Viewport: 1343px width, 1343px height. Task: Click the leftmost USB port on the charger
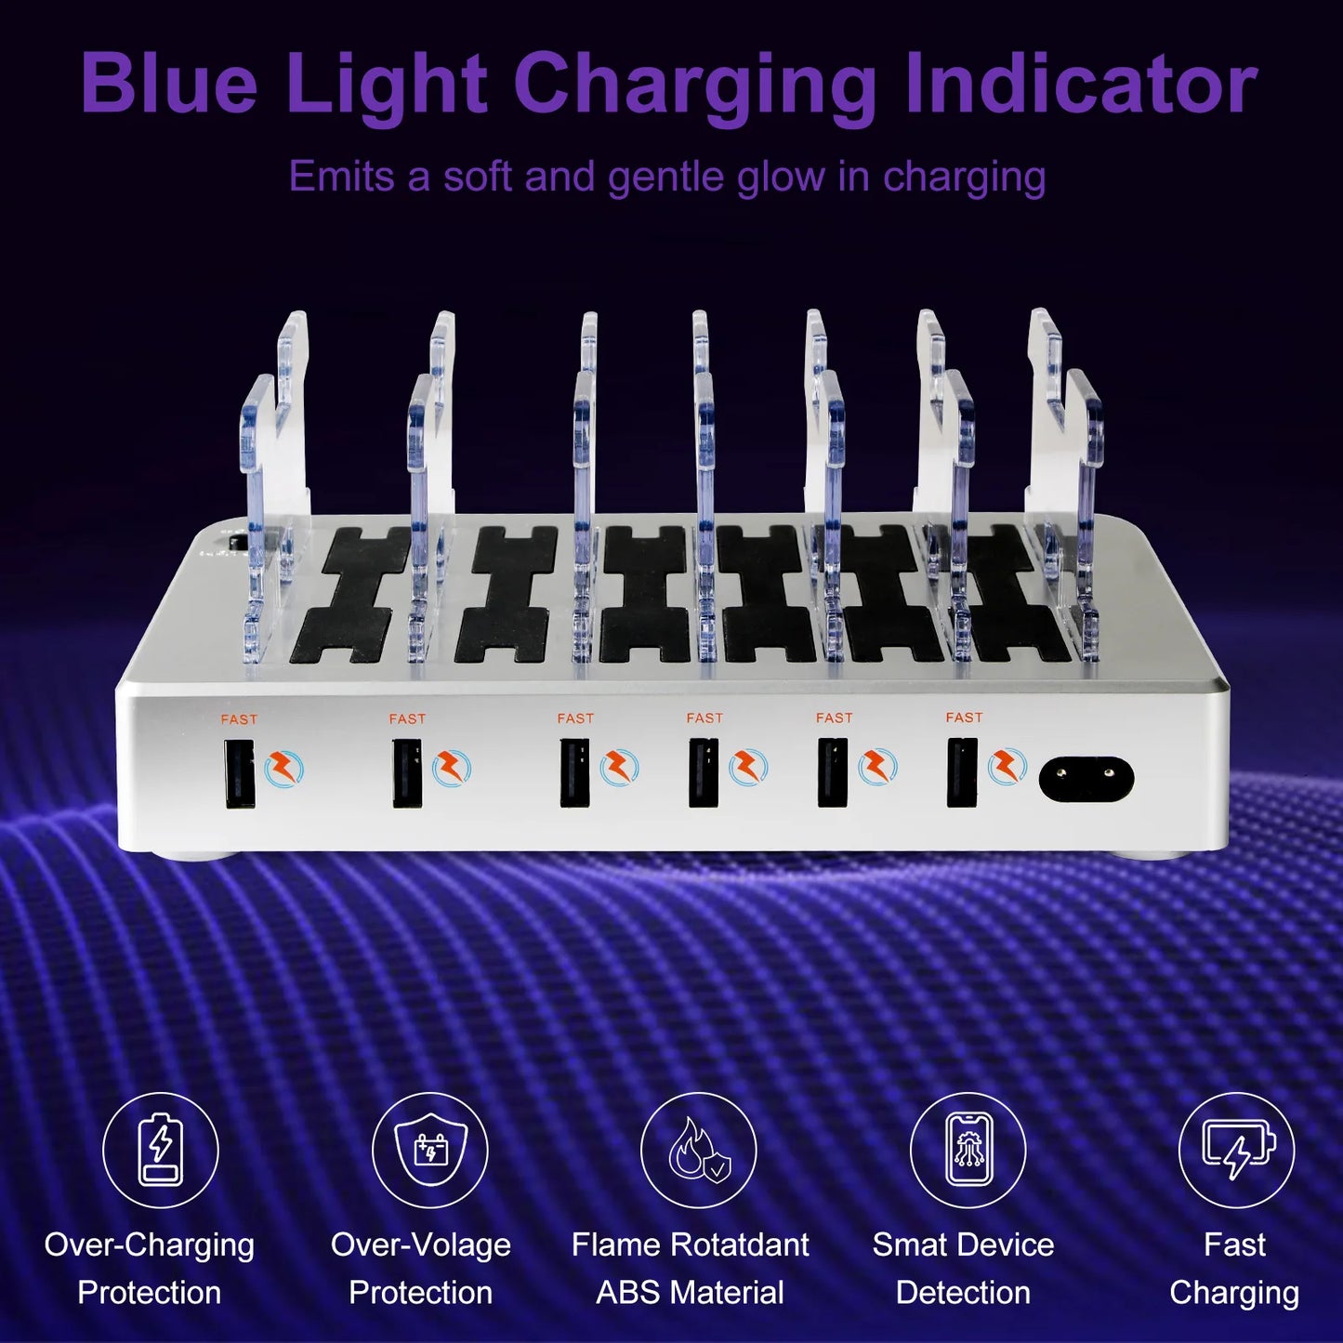[239, 773]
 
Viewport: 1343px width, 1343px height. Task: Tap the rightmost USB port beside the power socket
[962, 771]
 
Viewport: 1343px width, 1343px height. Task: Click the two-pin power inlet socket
[1086, 779]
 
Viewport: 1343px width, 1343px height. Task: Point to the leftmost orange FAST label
[239, 718]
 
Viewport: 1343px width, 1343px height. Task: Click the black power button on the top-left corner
[237, 541]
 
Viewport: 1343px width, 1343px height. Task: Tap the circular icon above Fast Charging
[1236, 1150]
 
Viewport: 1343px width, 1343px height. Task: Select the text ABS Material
[690, 1293]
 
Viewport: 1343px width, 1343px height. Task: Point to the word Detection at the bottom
[963, 1293]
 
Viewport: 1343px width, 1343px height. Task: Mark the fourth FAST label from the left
[704, 718]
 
